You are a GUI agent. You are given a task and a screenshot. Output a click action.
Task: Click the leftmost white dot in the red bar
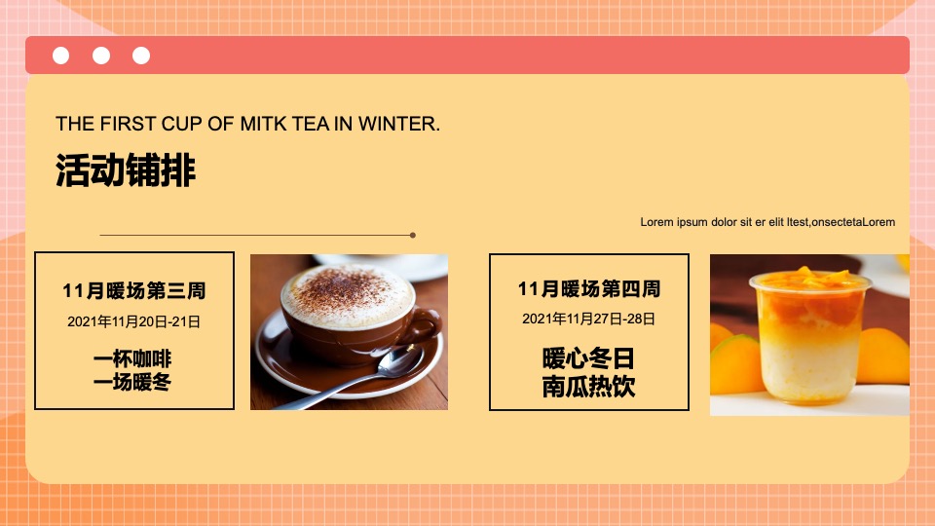[x=60, y=56]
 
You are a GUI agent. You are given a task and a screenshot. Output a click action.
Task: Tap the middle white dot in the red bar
[x=101, y=56]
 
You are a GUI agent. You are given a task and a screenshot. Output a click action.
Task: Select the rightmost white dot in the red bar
[x=141, y=56]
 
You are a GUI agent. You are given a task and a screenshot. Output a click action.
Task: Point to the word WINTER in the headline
[x=398, y=125]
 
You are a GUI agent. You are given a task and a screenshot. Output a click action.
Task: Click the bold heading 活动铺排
[x=126, y=171]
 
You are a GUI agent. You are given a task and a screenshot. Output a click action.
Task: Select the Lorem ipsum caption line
[x=767, y=222]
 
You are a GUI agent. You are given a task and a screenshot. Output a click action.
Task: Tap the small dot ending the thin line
[x=413, y=235]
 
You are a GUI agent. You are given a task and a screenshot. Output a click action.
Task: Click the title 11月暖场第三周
[x=134, y=290]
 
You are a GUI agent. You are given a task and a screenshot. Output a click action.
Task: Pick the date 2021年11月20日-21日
[x=134, y=320]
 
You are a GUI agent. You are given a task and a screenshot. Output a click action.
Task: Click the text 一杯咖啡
[x=134, y=359]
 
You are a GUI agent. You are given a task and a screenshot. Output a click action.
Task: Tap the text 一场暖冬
[x=134, y=382]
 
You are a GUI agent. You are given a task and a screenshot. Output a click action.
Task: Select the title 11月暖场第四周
[x=589, y=288]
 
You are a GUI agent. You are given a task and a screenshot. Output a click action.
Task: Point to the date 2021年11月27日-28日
[x=589, y=319]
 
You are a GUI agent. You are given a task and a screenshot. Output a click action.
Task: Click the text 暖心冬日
[x=589, y=359]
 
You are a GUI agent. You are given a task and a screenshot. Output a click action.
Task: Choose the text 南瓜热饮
[x=589, y=387]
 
